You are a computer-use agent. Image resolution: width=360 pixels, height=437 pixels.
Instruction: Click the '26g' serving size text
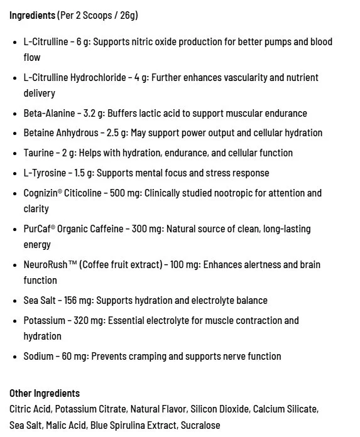(128, 14)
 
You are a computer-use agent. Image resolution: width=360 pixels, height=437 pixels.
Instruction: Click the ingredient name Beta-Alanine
(50, 114)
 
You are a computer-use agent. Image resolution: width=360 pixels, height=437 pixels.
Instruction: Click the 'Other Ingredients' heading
(45, 393)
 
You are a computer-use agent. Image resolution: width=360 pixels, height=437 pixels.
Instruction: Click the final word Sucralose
(200, 425)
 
